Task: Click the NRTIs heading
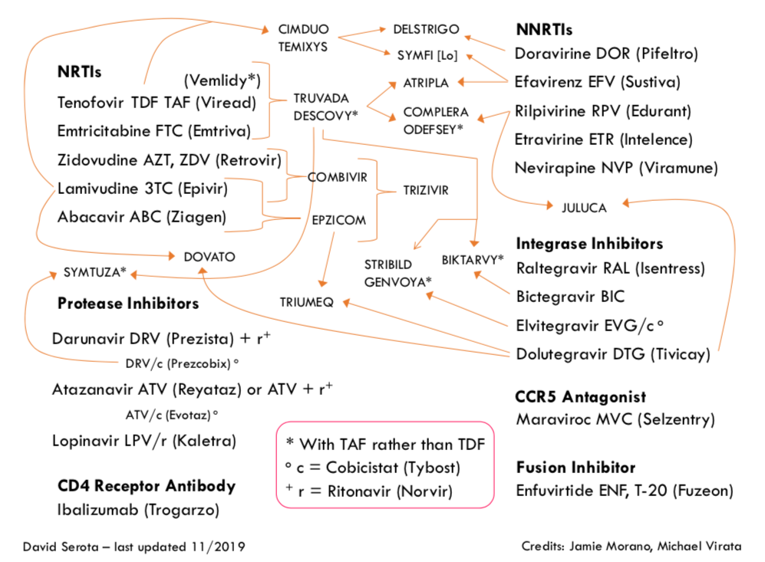80,72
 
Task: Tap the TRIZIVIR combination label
426,189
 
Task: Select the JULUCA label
584,207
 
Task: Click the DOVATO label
209,257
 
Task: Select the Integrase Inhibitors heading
589,244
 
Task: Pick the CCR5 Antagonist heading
581,397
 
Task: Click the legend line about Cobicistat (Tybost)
384,467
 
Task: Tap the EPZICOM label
338,220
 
